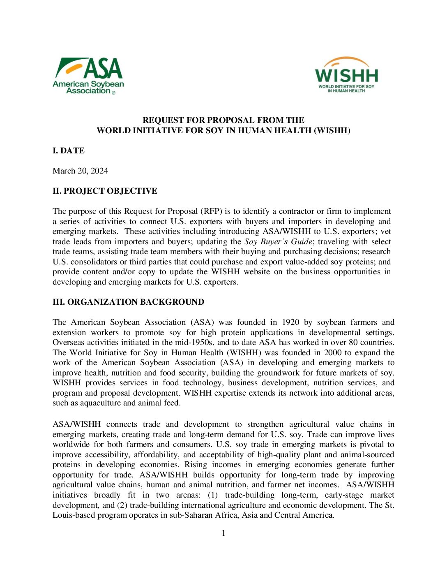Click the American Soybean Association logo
coord(88,76)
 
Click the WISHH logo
coord(346,75)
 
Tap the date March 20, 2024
coord(80,171)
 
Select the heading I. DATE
coord(69,151)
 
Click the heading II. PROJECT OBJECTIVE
coord(105,191)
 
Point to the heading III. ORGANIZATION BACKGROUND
coord(128,302)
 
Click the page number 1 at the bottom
coord(223,533)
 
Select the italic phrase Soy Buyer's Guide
coord(278,242)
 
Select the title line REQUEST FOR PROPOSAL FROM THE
coord(223,120)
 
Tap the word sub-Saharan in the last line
coord(190,515)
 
